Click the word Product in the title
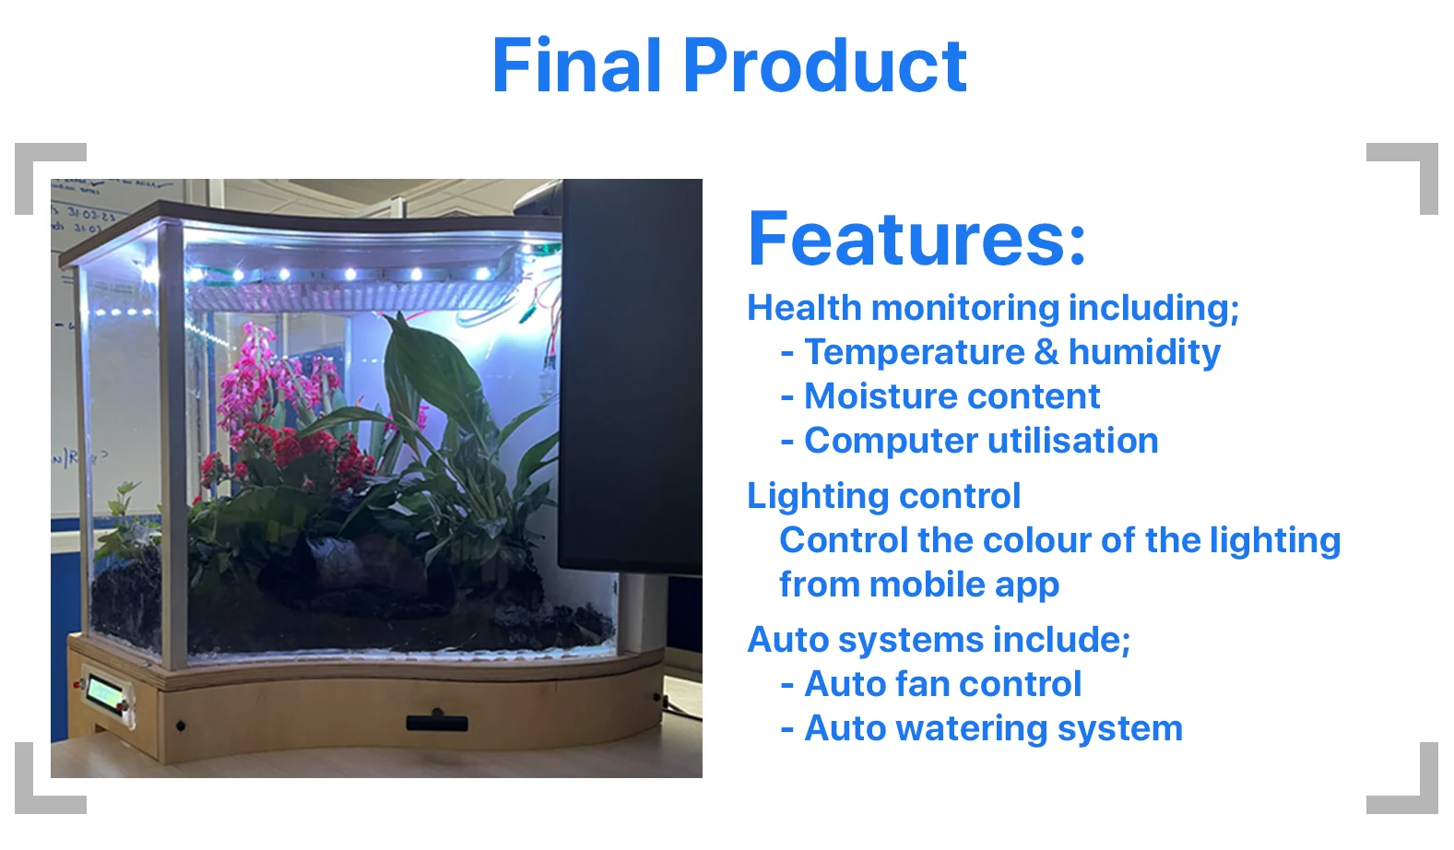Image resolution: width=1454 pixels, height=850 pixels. [825, 65]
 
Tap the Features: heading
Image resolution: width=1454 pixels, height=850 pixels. [917, 238]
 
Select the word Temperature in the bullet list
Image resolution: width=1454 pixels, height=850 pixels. [914, 353]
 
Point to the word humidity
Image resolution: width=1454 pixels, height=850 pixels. [1144, 351]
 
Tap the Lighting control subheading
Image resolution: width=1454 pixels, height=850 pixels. [883, 496]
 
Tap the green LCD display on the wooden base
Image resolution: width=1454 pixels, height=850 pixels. [106, 693]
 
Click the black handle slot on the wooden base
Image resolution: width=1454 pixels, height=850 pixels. [437, 721]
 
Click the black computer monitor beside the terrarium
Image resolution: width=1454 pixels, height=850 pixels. [630, 376]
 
